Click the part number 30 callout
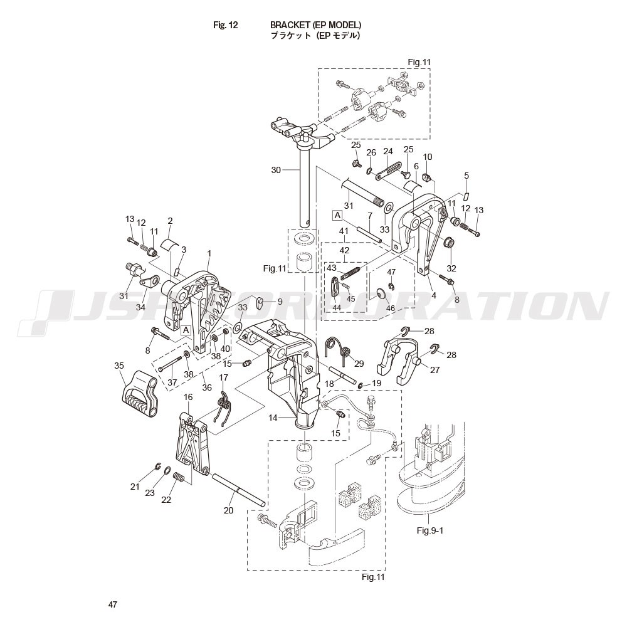[x=276, y=170]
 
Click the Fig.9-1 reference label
[x=430, y=530]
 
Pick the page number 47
[x=112, y=604]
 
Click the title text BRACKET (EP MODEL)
[x=315, y=25]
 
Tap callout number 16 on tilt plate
[x=188, y=398]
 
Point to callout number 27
[x=435, y=370]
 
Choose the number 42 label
[x=344, y=250]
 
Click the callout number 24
[x=388, y=152]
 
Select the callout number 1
[x=209, y=253]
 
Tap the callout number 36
[x=206, y=387]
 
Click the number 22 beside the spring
[x=166, y=500]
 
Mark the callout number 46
[x=391, y=308]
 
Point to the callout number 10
[x=428, y=157]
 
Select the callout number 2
[x=170, y=221]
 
